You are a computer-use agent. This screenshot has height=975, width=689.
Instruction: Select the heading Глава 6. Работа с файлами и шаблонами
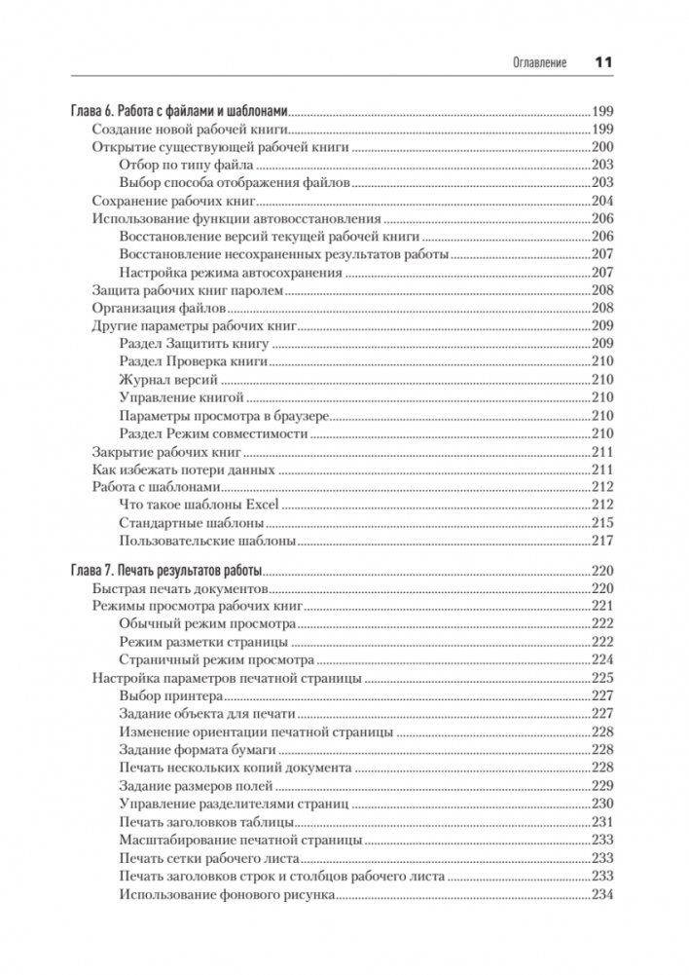(x=182, y=111)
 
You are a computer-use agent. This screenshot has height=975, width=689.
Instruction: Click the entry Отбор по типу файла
(x=186, y=166)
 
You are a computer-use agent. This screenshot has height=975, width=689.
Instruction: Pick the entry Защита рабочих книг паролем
(x=186, y=291)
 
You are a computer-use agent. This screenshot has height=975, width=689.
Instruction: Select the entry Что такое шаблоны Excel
(x=199, y=505)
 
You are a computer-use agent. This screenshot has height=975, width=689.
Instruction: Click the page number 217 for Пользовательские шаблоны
(x=603, y=541)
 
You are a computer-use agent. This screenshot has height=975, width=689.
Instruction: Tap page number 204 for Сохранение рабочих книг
(x=603, y=202)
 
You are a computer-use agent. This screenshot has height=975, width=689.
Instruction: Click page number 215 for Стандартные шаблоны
(x=603, y=523)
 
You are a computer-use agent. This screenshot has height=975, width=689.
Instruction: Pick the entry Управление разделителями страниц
(x=233, y=804)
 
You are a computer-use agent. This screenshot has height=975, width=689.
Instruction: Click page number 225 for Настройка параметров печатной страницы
(x=603, y=679)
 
